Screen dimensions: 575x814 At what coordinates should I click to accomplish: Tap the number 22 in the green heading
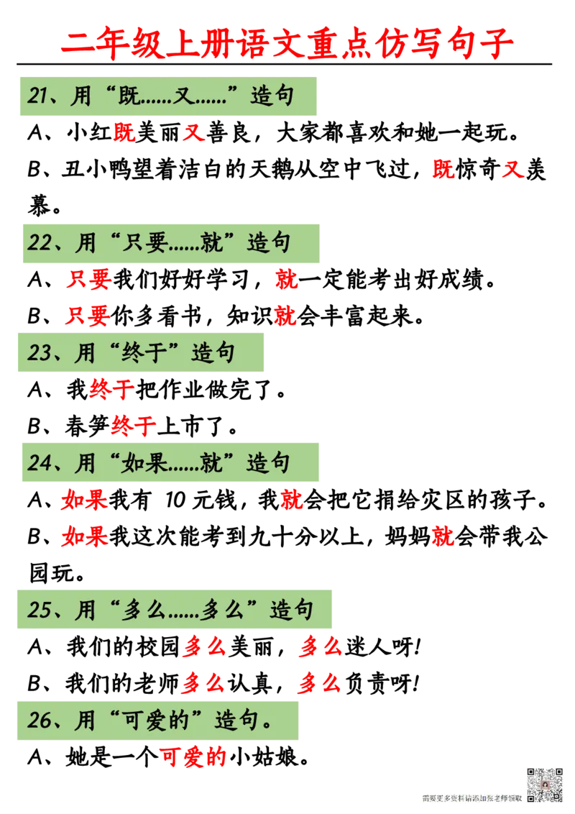[x=40, y=242]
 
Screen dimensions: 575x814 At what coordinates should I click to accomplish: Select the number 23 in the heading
[x=40, y=352]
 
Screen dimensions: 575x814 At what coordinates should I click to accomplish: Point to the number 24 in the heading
[x=40, y=462]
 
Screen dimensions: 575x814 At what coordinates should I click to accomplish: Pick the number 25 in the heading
[x=40, y=610]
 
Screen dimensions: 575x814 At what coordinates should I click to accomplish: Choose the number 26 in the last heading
[x=40, y=720]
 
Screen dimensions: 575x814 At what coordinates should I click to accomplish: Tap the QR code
[x=545, y=785]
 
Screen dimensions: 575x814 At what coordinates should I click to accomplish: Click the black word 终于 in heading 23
[x=147, y=352]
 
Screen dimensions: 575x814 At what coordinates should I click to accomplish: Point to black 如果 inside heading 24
[x=147, y=462]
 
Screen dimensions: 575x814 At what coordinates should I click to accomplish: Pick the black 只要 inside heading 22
[x=147, y=242]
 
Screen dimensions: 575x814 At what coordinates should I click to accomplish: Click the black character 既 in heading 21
[x=133, y=96]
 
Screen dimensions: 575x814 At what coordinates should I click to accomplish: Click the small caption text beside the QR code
[x=471, y=797]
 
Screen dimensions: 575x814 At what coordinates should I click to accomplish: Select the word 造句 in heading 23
[x=213, y=352]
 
